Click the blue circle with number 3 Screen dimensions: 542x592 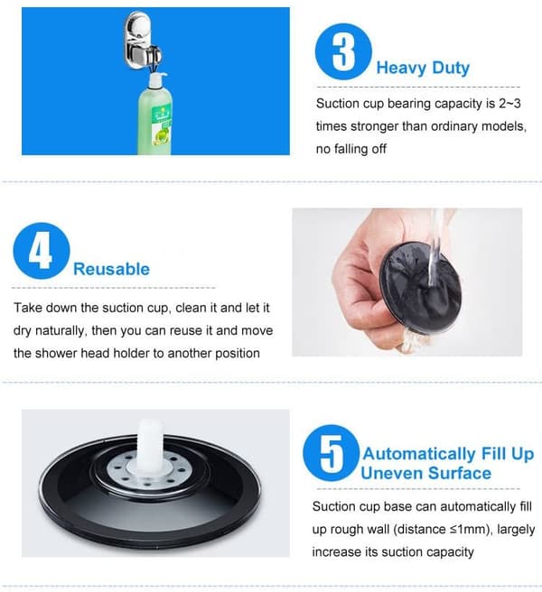(x=343, y=51)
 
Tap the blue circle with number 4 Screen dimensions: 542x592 (x=42, y=251)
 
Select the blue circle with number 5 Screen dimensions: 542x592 (x=332, y=453)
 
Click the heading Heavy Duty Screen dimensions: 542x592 (x=423, y=68)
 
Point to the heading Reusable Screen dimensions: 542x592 (x=111, y=269)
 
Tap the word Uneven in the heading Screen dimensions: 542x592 (x=392, y=473)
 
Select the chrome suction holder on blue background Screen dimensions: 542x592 (x=142, y=41)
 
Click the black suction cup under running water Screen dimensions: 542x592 (x=420, y=288)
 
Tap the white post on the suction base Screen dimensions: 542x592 (x=150, y=446)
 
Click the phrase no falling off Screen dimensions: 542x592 (x=351, y=149)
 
